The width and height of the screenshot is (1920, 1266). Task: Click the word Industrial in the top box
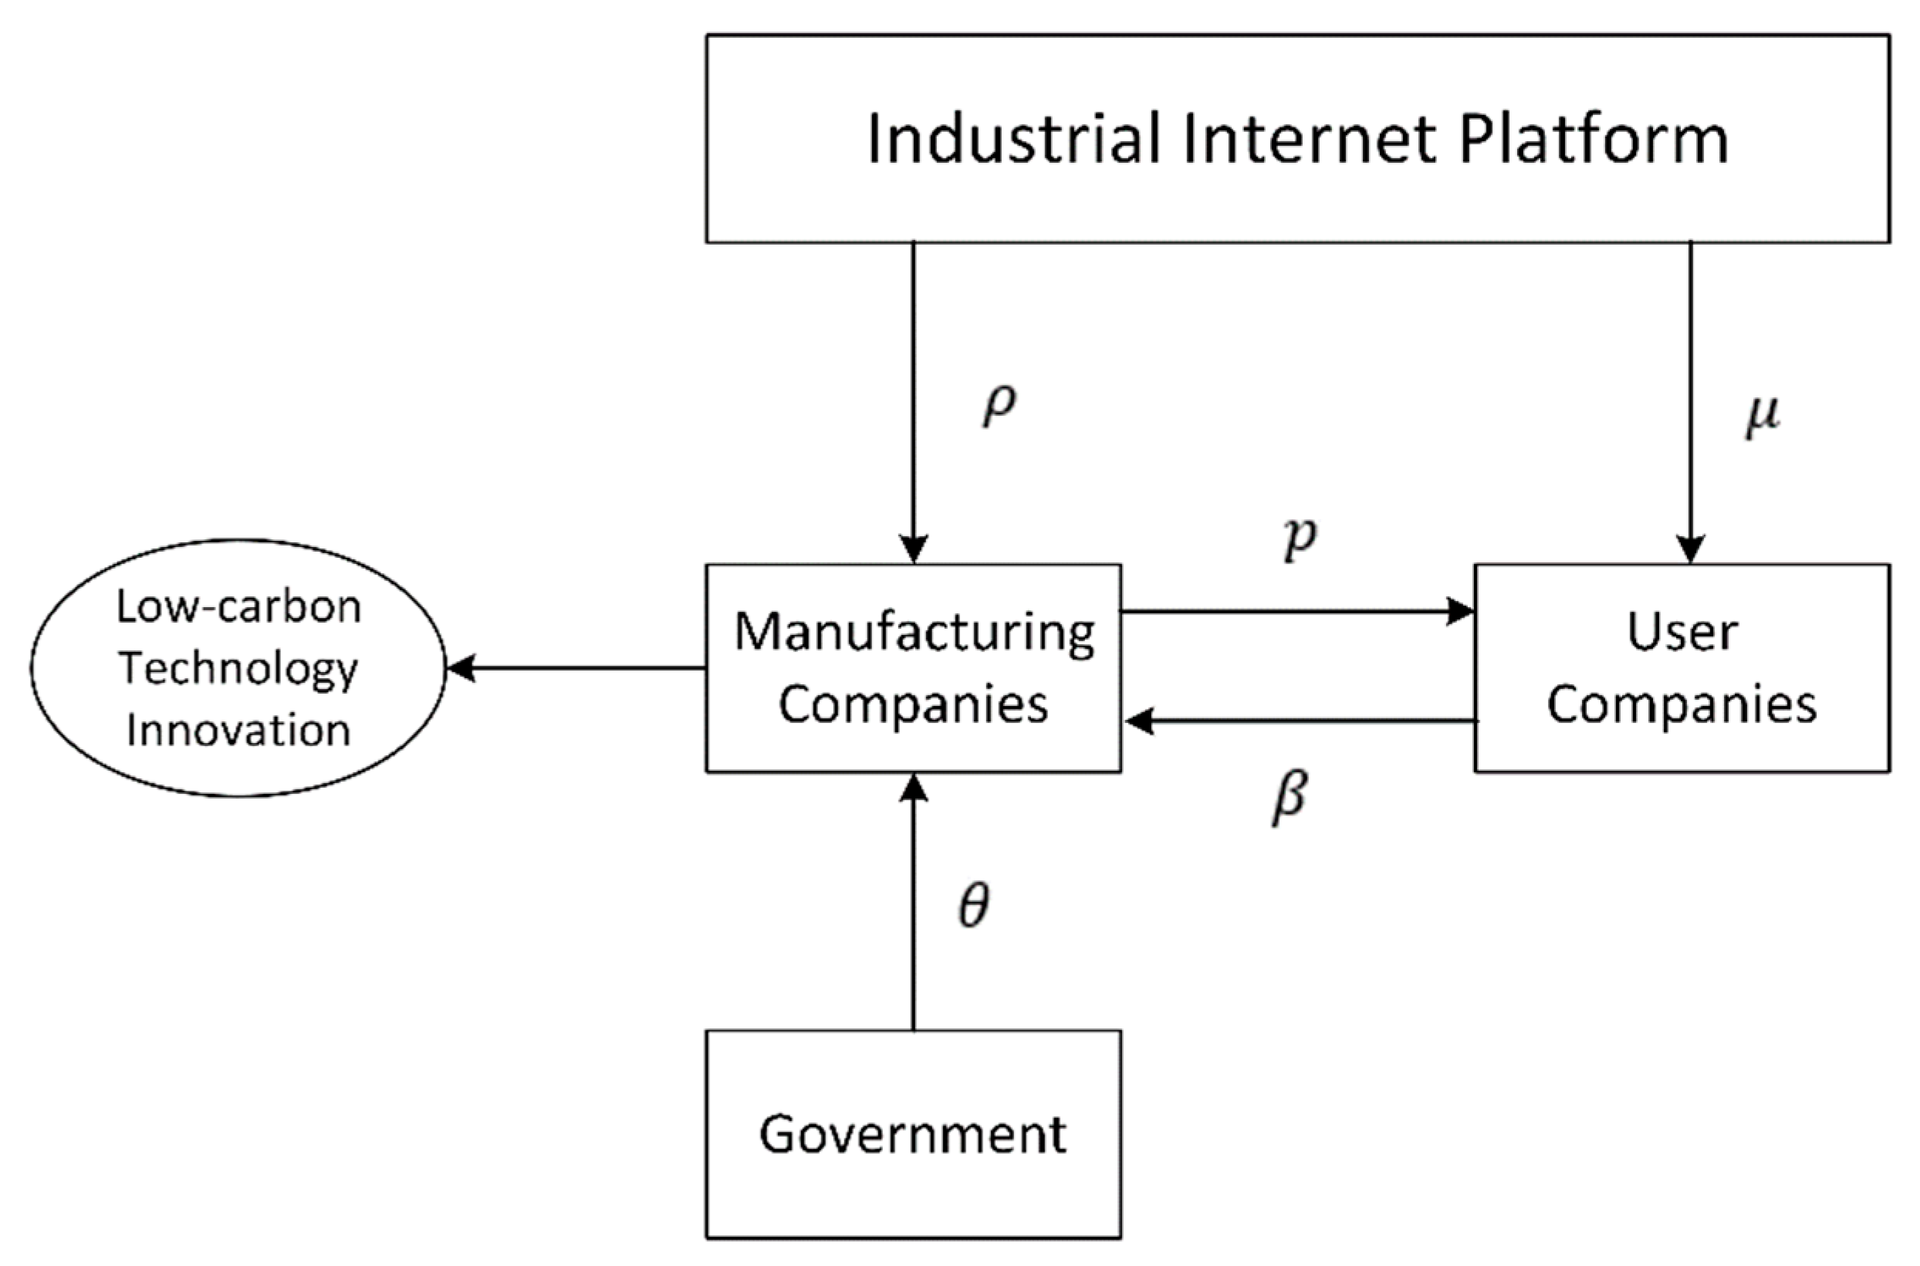click(x=1013, y=139)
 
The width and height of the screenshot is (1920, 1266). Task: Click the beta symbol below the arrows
click(x=1289, y=798)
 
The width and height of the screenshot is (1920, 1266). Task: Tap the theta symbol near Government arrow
click(x=973, y=906)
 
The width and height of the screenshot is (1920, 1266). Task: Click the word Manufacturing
click(x=914, y=632)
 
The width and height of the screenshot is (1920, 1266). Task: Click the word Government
click(x=912, y=1134)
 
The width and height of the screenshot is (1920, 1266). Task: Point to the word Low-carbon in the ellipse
click(x=238, y=607)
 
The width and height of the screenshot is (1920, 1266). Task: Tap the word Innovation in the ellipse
click(x=238, y=730)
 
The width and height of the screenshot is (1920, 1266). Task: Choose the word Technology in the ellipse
click(x=238, y=669)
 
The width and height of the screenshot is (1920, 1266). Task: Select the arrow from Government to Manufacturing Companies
click(x=913, y=913)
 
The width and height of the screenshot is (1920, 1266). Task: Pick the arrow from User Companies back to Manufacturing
click(x=1300, y=721)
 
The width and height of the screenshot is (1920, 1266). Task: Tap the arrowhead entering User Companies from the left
click(x=1460, y=611)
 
